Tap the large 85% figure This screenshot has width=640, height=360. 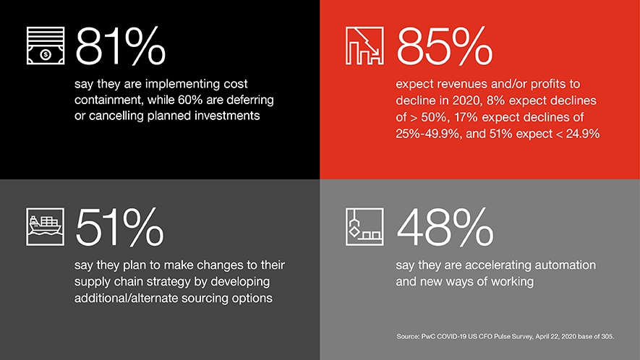[445, 46]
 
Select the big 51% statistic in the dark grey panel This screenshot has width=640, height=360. [119, 227]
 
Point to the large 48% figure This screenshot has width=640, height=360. [445, 227]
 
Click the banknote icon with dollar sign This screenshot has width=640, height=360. [46, 46]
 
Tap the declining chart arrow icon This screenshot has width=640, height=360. [364, 46]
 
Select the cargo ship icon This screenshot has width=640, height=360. [46, 227]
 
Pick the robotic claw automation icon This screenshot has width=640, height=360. [364, 227]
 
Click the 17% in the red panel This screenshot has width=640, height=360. [466, 117]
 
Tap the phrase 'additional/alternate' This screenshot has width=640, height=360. [126, 299]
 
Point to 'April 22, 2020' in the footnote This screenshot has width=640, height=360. [554, 337]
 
